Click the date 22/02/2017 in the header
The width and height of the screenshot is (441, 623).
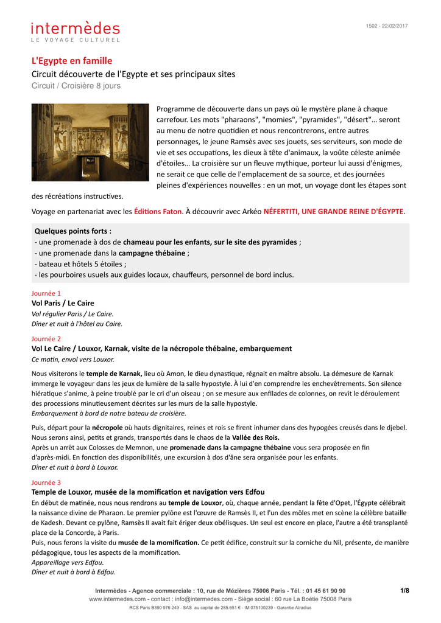(395, 26)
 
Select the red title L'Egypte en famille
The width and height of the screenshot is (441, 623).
(72, 61)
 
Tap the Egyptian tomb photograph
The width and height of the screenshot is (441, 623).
(90, 142)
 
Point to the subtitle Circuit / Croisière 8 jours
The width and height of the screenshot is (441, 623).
(76, 86)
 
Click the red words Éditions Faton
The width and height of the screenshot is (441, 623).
(158, 212)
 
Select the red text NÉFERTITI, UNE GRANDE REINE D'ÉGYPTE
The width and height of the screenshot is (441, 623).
(333, 212)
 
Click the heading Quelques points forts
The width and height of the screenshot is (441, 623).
(73, 231)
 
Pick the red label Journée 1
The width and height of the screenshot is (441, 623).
(46, 293)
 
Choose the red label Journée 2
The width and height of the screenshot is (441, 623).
(46, 338)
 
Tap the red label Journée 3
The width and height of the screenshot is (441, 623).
(46, 482)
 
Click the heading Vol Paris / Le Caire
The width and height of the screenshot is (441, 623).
(63, 303)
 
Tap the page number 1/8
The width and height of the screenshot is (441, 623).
(404, 590)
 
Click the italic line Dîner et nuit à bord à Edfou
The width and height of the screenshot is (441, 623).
(73, 572)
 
